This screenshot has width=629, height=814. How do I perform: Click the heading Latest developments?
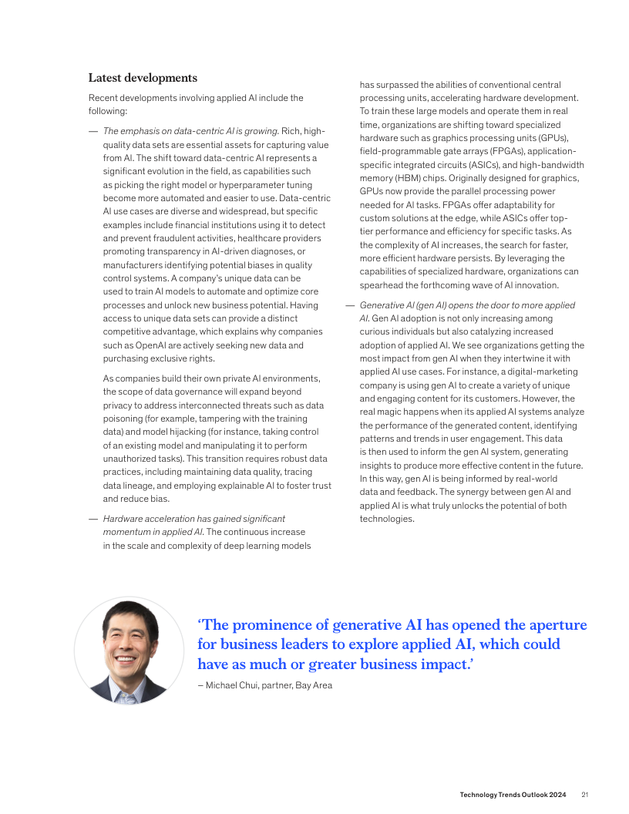point(143,78)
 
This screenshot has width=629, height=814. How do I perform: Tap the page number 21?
point(585,795)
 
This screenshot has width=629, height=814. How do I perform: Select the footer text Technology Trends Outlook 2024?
point(513,795)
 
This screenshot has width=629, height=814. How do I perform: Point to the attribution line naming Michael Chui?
point(264,685)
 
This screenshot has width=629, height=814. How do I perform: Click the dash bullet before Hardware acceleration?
point(92,519)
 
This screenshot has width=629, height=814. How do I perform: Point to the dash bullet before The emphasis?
point(92,131)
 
